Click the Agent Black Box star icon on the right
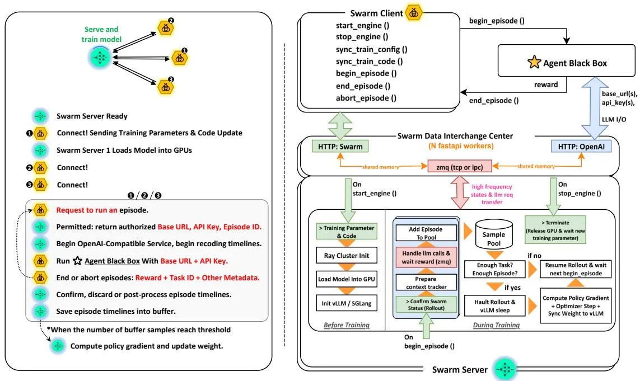pos(534,63)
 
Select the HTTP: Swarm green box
pos(340,146)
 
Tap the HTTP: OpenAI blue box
pos(581,146)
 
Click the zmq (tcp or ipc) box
pos(460,166)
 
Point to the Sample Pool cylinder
pos(494,234)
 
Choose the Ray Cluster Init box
pos(347,255)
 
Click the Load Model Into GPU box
pos(347,279)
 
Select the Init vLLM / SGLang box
pos(347,303)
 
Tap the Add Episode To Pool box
pos(426,233)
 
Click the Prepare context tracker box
pos(426,283)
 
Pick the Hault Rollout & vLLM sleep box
pos(494,305)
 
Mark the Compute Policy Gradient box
pos(576,305)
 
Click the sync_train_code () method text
pos(370,61)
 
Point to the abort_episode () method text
pos(366,98)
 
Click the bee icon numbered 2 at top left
pos(166,27)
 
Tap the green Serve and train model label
pos(101,34)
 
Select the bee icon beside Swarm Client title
pos(414,13)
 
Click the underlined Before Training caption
pos(347,325)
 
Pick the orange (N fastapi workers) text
pos(461,145)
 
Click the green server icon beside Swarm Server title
pos(505,369)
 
